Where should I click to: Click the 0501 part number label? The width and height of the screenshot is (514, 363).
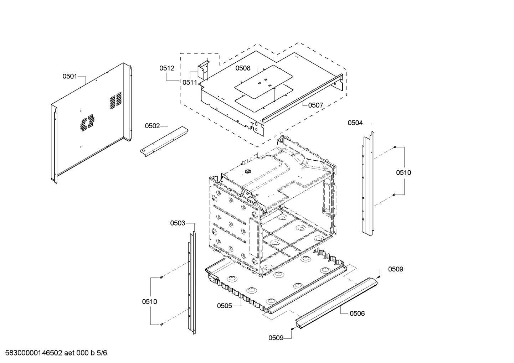tap(70, 76)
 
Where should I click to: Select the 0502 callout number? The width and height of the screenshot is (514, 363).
tap(152, 126)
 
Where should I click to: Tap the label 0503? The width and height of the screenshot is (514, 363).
tap(178, 223)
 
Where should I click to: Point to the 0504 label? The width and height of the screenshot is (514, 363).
tap(355, 123)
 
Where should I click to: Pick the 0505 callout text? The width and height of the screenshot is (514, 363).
tap(225, 306)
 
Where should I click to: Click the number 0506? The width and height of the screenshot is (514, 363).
tap(357, 313)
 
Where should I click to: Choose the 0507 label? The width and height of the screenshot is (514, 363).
tap(315, 105)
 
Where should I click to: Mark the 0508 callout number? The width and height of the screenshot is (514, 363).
tap(243, 68)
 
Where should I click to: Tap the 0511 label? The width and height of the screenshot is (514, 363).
tap(190, 82)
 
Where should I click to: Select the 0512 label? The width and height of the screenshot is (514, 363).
tap(167, 68)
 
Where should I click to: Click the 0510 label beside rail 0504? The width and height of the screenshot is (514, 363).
tap(404, 173)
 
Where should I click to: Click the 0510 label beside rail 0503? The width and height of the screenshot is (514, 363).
tap(149, 302)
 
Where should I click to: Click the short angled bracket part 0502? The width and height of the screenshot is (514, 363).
tap(164, 139)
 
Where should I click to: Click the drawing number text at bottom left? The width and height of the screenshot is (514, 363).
tap(54, 353)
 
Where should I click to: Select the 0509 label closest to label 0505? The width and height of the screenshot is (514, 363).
tap(276, 338)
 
